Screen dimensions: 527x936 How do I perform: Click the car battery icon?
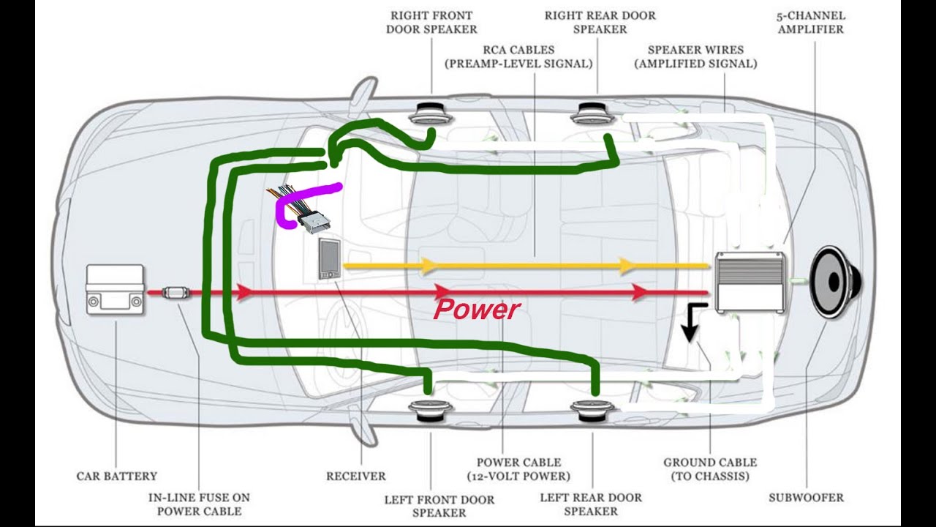(x=115, y=290)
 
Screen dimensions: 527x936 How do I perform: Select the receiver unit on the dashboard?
(x=329, y=259)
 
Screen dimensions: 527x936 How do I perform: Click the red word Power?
(x=476, y=310)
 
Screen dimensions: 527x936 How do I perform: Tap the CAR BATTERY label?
(x=117, y=476)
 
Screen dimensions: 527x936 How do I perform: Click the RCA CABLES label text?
(x=518, y=57)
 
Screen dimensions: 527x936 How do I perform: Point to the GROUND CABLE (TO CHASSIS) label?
(x=710, y=469)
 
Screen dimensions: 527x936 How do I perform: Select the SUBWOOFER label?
(x=806, y=498)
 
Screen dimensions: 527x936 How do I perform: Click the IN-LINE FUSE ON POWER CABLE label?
(x=199, y=504)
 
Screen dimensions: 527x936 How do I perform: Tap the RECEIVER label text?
(x=356, y=476)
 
